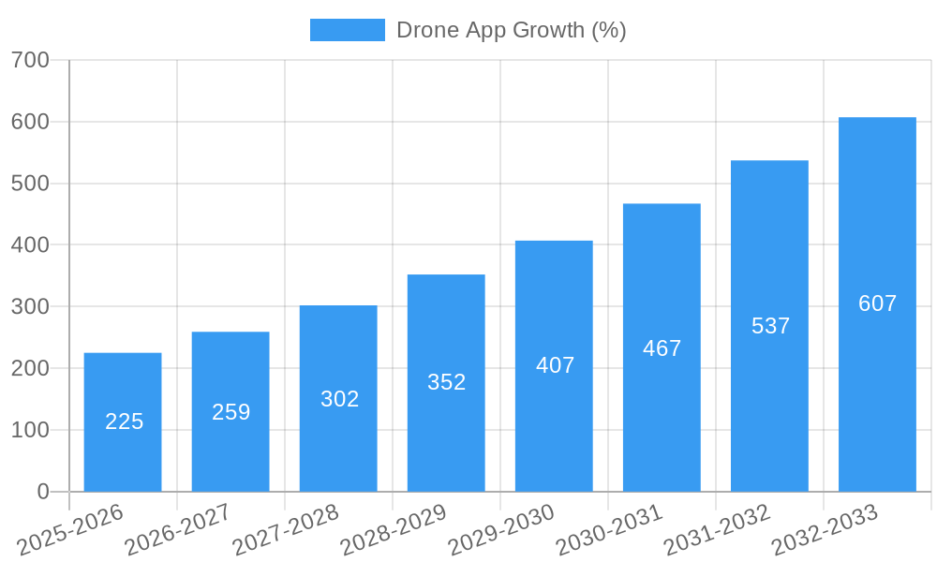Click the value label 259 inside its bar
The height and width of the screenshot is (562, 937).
pos(231,412)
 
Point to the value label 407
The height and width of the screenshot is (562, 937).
pos(555,365)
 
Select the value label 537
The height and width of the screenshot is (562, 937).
pos(770,326)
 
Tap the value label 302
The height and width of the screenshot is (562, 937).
pos(339,399)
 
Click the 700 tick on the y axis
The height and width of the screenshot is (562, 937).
pos(30,60)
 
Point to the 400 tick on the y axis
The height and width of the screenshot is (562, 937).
pos(30,245)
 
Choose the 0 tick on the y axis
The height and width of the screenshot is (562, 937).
pos(43,492)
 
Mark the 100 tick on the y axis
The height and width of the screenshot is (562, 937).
pos(30,430)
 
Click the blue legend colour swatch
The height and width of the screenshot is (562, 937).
pos(347,30)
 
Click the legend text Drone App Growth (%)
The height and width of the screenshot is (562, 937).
pos(511,30)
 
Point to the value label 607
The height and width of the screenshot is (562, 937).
pos(877,303)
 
